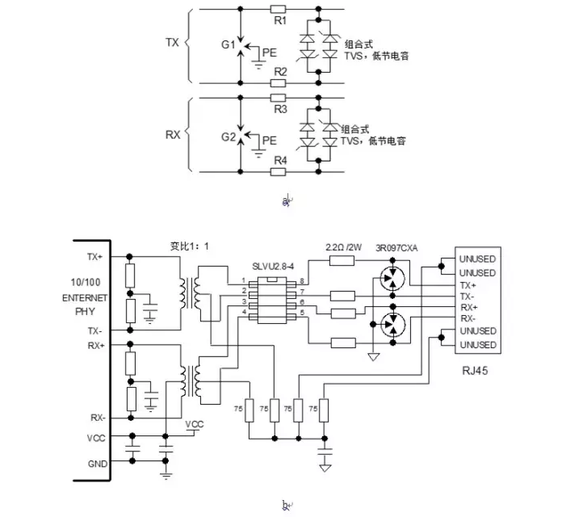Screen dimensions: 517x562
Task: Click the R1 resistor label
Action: (x=279, y=20)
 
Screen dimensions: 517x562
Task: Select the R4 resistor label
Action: (x=279, y=160)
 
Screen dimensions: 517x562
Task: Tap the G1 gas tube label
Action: (x=227, y=46)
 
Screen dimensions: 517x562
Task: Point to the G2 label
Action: (x=227, y=137)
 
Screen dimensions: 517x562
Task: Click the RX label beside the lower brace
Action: (x=172, y=135)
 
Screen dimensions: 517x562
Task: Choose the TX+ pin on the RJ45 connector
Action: (x=468, y=285)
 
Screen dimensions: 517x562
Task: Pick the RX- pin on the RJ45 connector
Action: (x=468, y=317)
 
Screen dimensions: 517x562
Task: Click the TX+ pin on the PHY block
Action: (x=94, y=256)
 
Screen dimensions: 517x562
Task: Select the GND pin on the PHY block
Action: (x=95, y=464)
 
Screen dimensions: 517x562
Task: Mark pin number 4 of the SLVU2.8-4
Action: (x=243, y=312)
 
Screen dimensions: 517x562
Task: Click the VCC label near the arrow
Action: (x=195, y=424)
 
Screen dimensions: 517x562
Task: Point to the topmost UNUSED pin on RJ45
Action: (x=477, y=259)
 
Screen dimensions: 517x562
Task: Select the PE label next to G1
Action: (x=270, y=52)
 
